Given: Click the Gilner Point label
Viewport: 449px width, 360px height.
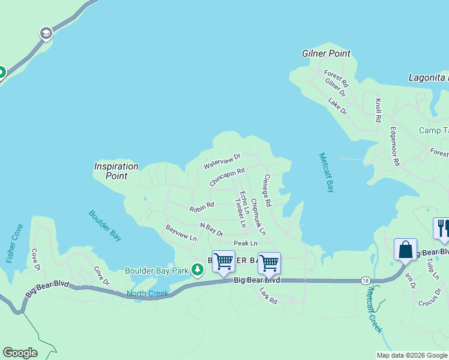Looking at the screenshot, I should [x=326, y=53].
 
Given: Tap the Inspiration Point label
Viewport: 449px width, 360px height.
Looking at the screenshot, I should [x=116, y=171].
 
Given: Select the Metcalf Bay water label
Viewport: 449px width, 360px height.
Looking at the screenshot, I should [x=326, y=173].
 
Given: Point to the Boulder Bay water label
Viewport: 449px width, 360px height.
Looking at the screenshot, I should [x=105, y=225].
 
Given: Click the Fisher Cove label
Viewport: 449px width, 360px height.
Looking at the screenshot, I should [x=14, y=244].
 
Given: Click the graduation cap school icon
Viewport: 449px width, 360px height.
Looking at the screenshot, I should [x=46, y=34].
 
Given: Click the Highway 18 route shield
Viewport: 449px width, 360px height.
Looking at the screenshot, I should [x=366, y=280].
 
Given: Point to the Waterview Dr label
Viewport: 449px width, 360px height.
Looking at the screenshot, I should [x=221, y=161].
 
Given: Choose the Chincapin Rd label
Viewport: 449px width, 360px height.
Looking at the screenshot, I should [x=228, y=176].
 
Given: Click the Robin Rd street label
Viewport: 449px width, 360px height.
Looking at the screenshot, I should [x=202, y=208].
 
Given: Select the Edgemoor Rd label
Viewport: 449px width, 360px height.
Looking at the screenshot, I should [x=394, y=146].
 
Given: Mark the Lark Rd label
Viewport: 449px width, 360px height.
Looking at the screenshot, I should [x=268, y=295].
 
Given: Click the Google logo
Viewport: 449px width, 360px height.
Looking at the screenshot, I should [x=20, y=353].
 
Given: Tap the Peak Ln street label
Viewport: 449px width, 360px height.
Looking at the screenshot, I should [x=246, y=243].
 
